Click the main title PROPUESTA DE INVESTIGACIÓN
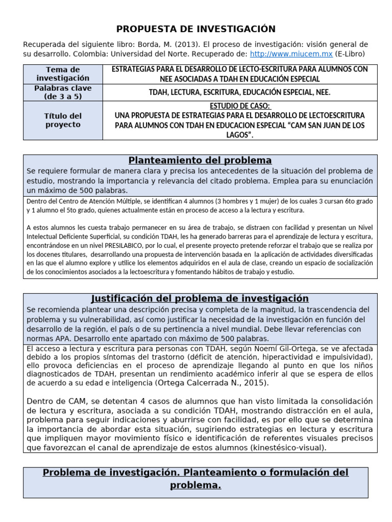(x=196, y=29)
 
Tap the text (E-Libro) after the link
(x=350, y=54)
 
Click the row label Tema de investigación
(x=62, y=73)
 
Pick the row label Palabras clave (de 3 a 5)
(x=62, y=92)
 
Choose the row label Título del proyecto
(x=62, y=120)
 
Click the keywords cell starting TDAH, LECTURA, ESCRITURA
(x=239, y=92)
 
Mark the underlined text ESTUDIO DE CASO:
(x=239, y=106)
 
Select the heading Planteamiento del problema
(x=200, y=161)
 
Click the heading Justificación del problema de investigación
(x=200, y=299)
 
